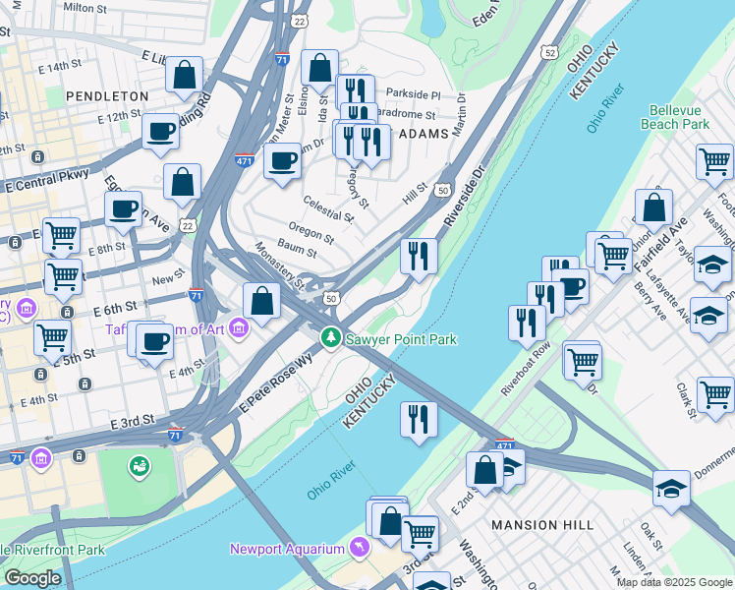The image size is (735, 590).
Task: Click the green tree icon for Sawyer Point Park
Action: [x=331, y=338]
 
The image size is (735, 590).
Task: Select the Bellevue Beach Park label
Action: [x=675, y=118]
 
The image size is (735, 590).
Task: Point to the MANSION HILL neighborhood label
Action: [x=542, y=525]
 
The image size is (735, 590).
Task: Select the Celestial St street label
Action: [x=328, y=208]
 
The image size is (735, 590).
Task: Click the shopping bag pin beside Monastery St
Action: [x=262, y=301]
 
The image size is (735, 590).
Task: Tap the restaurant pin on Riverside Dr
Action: [x=419, y=257]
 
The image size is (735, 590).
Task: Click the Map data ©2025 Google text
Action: [x=674, y=582]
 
